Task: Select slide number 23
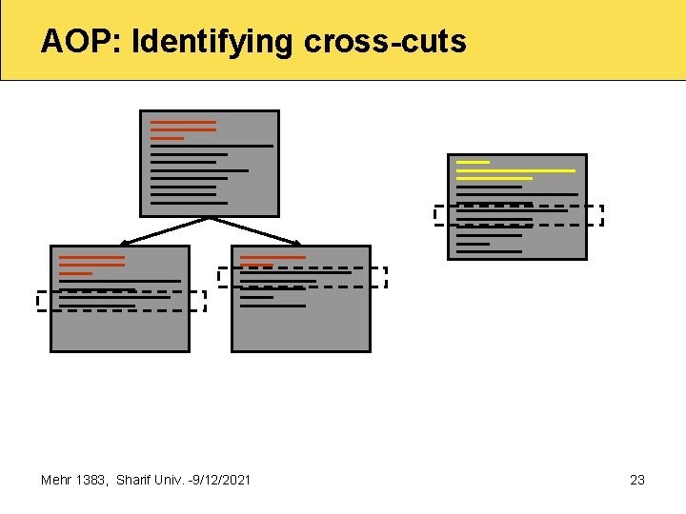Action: (637, 480)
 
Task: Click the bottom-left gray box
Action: (119, 328)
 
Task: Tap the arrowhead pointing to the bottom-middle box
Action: (297, 243)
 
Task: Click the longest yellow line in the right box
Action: (515, 170)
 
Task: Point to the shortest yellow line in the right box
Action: (473, 162)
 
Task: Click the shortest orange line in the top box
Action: (167, 138)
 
